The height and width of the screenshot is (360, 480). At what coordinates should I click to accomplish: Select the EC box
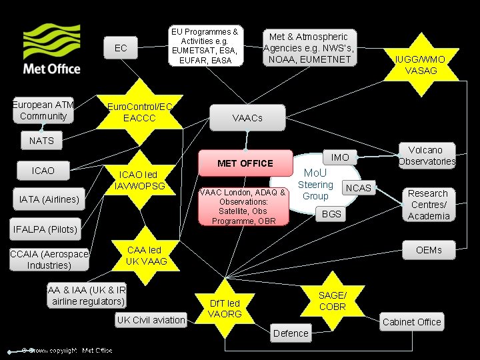click(x=121, y=48)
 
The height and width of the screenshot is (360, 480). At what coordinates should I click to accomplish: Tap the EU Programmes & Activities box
click(x=205, y=46)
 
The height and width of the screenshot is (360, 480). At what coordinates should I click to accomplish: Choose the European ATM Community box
click(x=43, y=111)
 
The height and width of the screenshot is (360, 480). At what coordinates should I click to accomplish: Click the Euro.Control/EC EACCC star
click(x=140, y=112)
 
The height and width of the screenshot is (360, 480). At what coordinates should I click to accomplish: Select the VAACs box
click(x=247, y=118)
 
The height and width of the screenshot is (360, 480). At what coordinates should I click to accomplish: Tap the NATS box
click(x=41, y=141)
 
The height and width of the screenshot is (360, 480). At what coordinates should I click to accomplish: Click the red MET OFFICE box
click(x=245, y=163)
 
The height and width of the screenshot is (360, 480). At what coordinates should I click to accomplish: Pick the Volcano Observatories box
click(x=427, y=155)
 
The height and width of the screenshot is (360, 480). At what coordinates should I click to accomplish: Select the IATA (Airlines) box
click(x=49, y=199)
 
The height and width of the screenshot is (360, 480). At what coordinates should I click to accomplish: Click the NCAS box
click(x=358, y=188)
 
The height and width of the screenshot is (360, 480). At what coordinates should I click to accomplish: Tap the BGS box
click(x=331, y=214)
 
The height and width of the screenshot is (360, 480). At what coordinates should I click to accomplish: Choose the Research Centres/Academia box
click(x=429, y=205)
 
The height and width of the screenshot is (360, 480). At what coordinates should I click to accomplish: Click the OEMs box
click(x=429, y=250)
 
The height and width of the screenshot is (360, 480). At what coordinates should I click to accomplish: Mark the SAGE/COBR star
click(x=332, y=301)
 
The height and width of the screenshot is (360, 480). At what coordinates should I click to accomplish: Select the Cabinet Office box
click(x=411, y=322)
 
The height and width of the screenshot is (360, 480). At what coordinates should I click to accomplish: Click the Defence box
click(x=291, y=333)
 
